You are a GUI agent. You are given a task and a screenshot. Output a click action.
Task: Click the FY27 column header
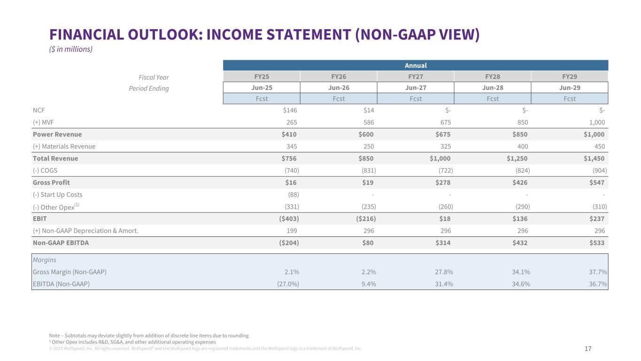pyautogui.click(x=416, y=77)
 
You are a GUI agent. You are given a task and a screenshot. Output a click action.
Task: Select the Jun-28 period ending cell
pyautogui.click(x=493, y=88)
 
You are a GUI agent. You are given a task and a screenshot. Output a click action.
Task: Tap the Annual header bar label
pyautogui.click(x=416, y=66)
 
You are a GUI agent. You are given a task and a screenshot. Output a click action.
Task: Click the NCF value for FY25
pyautogui.click(x=289, y=110)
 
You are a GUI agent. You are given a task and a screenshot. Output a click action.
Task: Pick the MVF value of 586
pyautogui.click(x=368, y=122)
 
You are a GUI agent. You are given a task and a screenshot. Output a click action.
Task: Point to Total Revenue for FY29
pyautogui.click(x=594, y=158)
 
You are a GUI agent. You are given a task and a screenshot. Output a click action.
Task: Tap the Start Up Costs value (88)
pyautogui.click(x=293, y=195)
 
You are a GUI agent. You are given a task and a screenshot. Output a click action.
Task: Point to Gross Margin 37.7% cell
pyautogui.click(x=598, y=272)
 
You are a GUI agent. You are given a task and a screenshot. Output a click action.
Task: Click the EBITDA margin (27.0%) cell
pyautogui.click(x=286, y=284)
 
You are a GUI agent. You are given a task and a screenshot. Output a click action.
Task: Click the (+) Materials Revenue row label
pyautogui.click(x=64, y=146)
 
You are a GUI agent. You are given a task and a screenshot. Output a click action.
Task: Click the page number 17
pyautogui.click(x=588, y=349)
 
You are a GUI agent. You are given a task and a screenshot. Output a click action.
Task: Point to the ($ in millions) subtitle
pyautogui.click(x=71, y=49)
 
